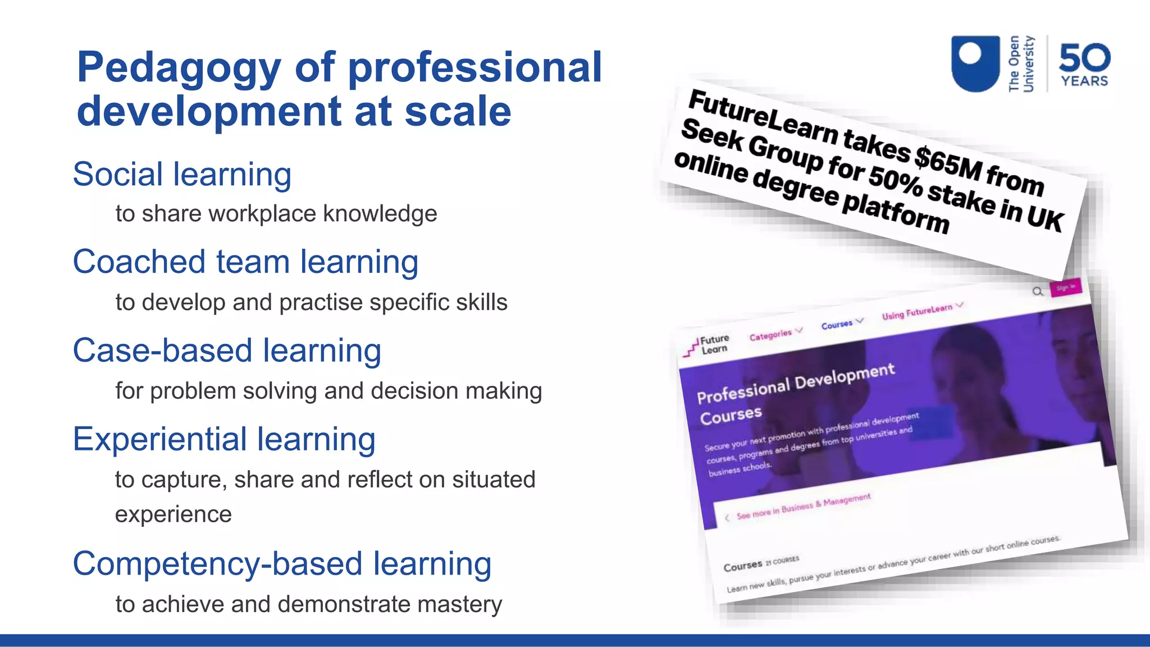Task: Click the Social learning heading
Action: [x=182, y=174]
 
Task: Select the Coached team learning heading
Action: [x=245, y=262]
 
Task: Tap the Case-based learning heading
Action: [x=227, y=350]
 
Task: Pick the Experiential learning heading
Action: [x=224, y=439]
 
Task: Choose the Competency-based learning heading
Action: [x=282, y=564]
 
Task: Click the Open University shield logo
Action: [x=975, y=63]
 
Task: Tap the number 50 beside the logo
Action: [x=1084, y=58]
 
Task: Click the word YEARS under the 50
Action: [x=1084, y=81]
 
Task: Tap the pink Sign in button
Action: [x=1065, y=288]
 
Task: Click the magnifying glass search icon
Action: [x=1038, y=291]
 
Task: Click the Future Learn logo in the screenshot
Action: [x=708, y=345]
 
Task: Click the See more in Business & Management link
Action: [x=803, y=506]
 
